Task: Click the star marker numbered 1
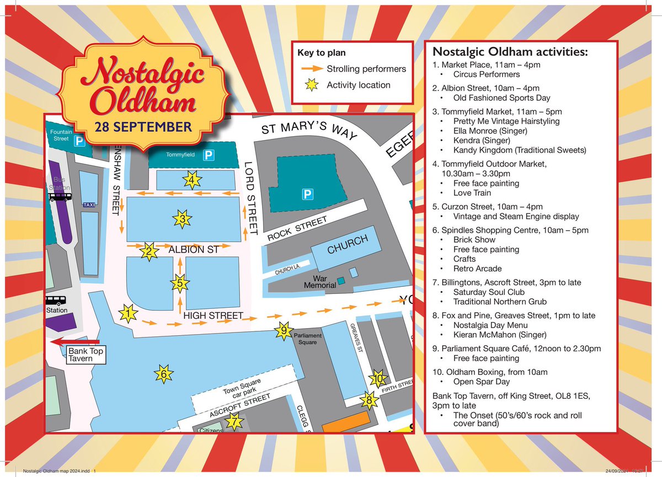[x=128, y=314]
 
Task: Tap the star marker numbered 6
[x=163, y=374]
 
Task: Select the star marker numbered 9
[x=284, y=330]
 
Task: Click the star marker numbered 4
[x=191, y=180]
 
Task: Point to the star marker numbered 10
[x=378, y=379]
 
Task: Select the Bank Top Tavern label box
[x=86, y=355]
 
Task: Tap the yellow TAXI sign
[x=88, y=205]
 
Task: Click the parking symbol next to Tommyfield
[x=208, y=155]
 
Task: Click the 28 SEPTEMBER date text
[x=142, y=127]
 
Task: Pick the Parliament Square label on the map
[x=308, y=336]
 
